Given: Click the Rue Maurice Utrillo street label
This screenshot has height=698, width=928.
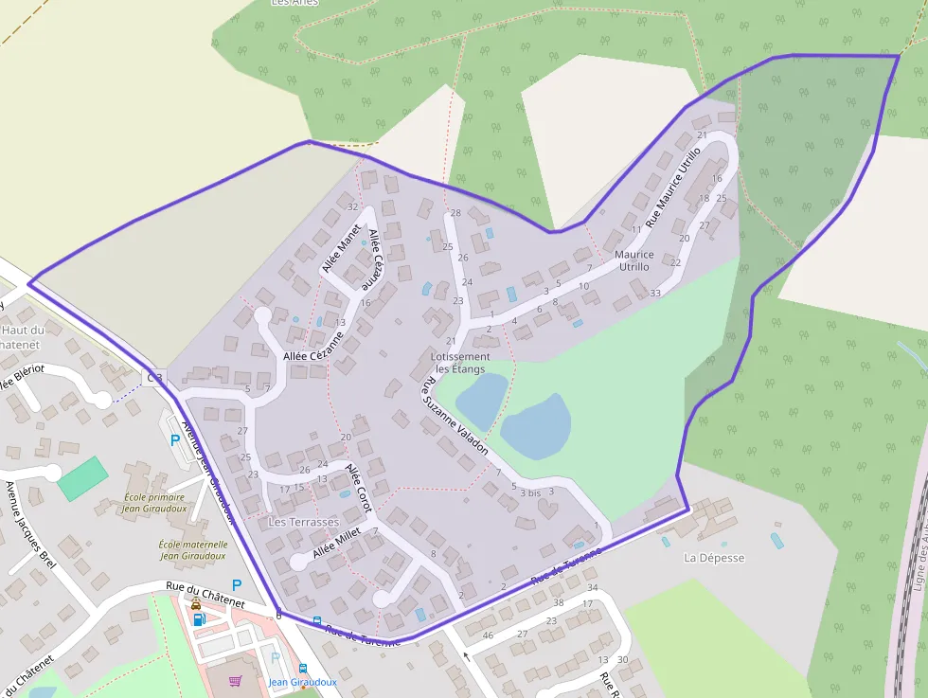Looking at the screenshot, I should tap(674, 186).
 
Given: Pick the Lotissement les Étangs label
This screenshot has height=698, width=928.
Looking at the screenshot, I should tap(459, 363).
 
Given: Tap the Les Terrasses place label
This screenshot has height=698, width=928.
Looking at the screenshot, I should tap(303, 522).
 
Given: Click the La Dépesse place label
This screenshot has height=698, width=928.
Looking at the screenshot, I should tap(714, 558).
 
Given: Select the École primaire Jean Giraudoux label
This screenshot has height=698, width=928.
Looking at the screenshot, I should tap(156, 503).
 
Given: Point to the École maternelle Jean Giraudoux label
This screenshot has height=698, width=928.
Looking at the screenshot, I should tap(192, 550).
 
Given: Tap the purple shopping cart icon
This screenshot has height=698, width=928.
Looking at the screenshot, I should tap(235, 680).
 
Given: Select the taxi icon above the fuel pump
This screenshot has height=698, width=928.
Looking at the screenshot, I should tap(196, 603).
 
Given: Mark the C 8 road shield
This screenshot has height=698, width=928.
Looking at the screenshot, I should tap(154, 378).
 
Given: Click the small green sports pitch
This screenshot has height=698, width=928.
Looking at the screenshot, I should tap(83, 477).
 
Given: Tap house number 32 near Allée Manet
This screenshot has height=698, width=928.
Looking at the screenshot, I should tap(352, 206).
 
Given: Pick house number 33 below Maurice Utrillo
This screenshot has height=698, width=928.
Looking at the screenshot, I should tap(655, 294).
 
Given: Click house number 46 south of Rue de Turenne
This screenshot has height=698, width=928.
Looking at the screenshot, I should tap(489, 635).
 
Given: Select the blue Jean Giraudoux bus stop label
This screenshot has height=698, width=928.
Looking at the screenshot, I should tap(302, 682).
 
